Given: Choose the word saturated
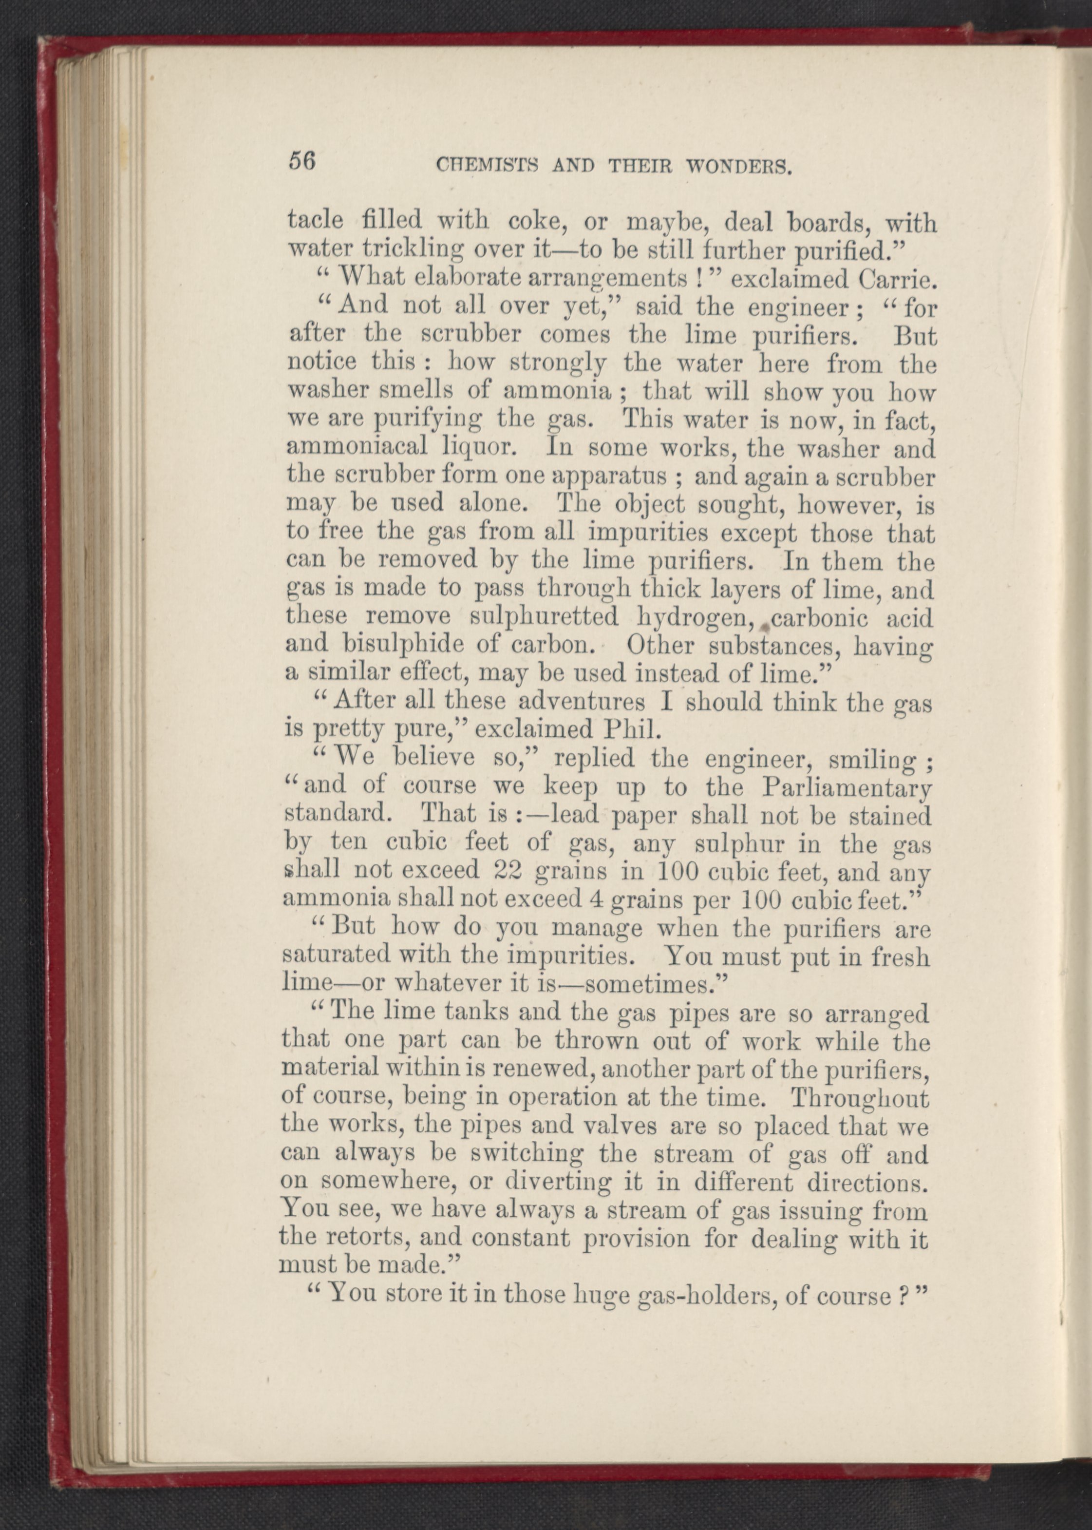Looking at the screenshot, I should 336,955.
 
